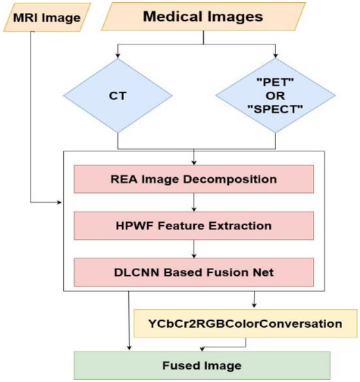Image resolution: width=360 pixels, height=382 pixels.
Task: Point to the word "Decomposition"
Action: [x=232, y=179]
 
